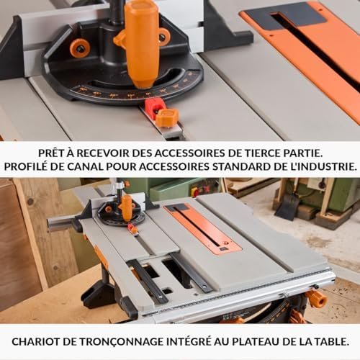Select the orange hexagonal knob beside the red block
point(166,117)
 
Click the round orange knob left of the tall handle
point(80,48)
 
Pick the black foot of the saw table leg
point(99,297)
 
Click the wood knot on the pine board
point(30,201)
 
